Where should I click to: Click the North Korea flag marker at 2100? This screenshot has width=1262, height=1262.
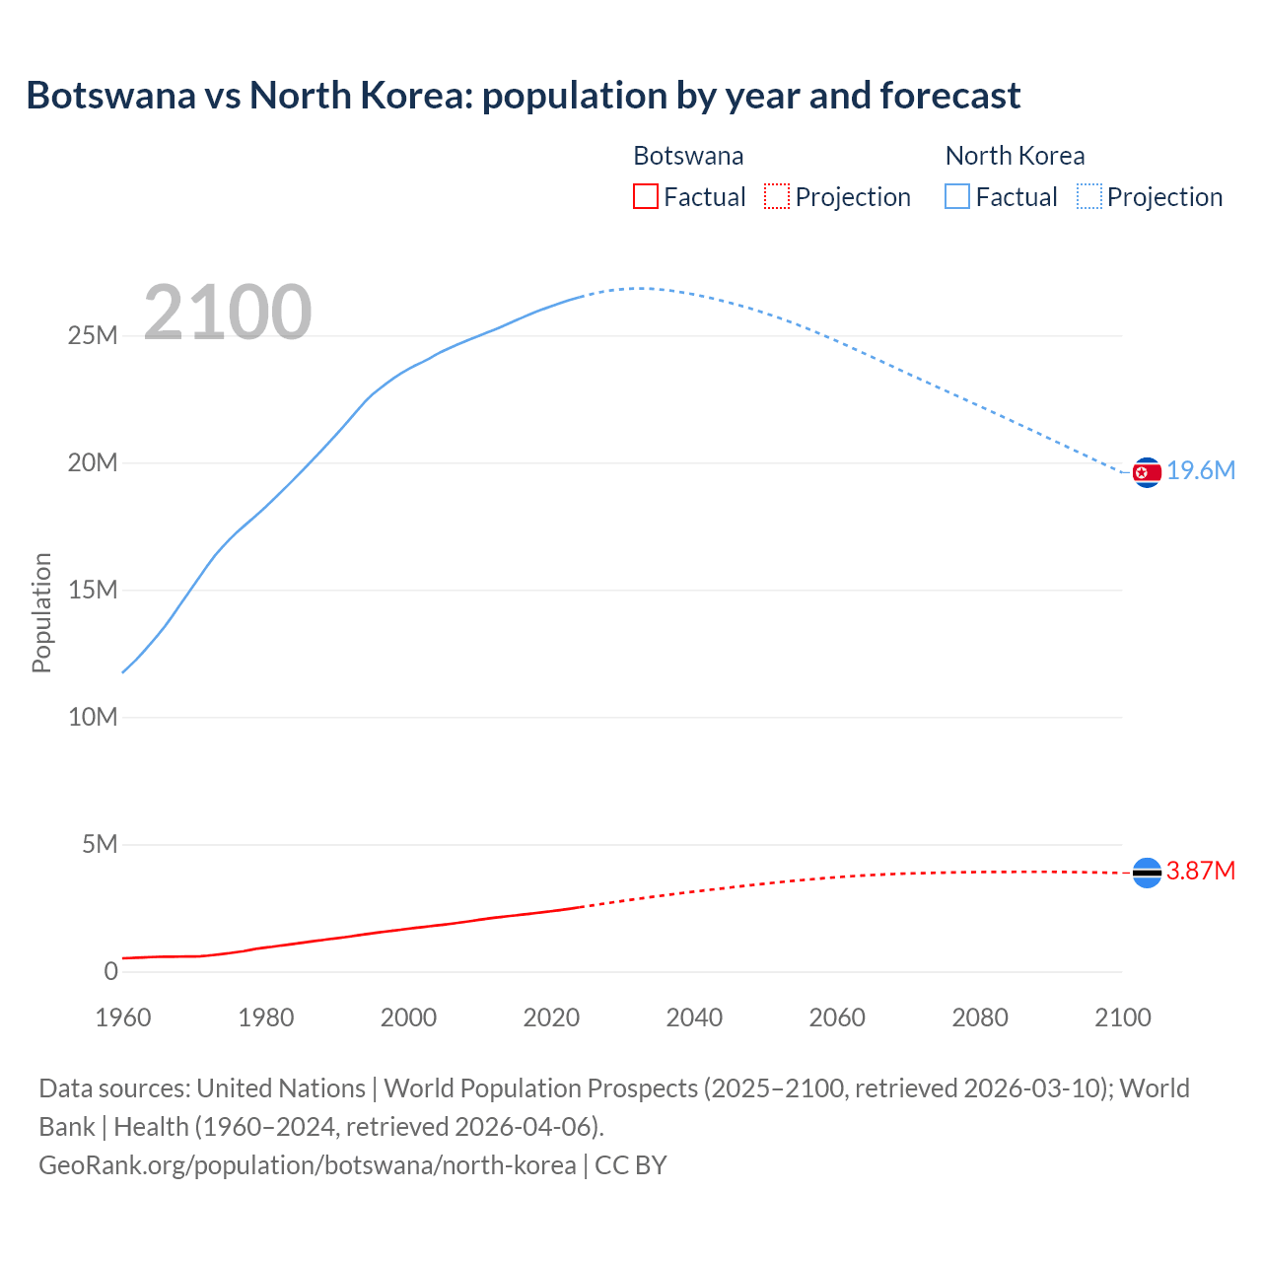click(x=1147, y=473)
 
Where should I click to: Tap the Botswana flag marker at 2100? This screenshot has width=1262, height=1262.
click(x=1147, y=873)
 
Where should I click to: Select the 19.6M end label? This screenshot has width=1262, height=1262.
click(x=1201, y=470)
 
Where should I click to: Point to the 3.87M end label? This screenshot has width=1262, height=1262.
click(x=1200, y=871)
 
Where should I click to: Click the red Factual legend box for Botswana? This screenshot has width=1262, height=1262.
click(x=645, y=196)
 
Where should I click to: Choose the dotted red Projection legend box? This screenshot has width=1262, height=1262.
click(x=777, y=196)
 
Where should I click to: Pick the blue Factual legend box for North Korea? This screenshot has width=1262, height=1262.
click(x=956, y=196)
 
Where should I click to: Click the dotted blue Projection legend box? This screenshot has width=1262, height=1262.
click(x=1088, y=196)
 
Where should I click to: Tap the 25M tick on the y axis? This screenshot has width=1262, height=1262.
click(x=93, y=336)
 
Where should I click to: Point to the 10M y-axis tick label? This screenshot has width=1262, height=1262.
click(x=93, y=717)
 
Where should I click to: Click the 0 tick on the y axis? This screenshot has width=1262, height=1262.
click(x=110, y=971)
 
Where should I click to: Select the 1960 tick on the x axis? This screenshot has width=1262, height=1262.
click(x=123, y=1017)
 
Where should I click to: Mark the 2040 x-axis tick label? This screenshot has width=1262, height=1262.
click(x=694, y=1017)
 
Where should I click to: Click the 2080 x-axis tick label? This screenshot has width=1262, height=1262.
click(x=980, y=1017)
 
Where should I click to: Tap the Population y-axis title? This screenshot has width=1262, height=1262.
click(x=41, y=612)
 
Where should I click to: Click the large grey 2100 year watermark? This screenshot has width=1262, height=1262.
click(x=228, y=313)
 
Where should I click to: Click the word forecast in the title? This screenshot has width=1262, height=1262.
click(x=950, y=96)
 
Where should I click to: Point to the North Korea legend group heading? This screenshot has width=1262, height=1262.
click(x=1015, y=156)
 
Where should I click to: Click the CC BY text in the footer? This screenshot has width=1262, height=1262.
click(x=631, y=1164)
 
